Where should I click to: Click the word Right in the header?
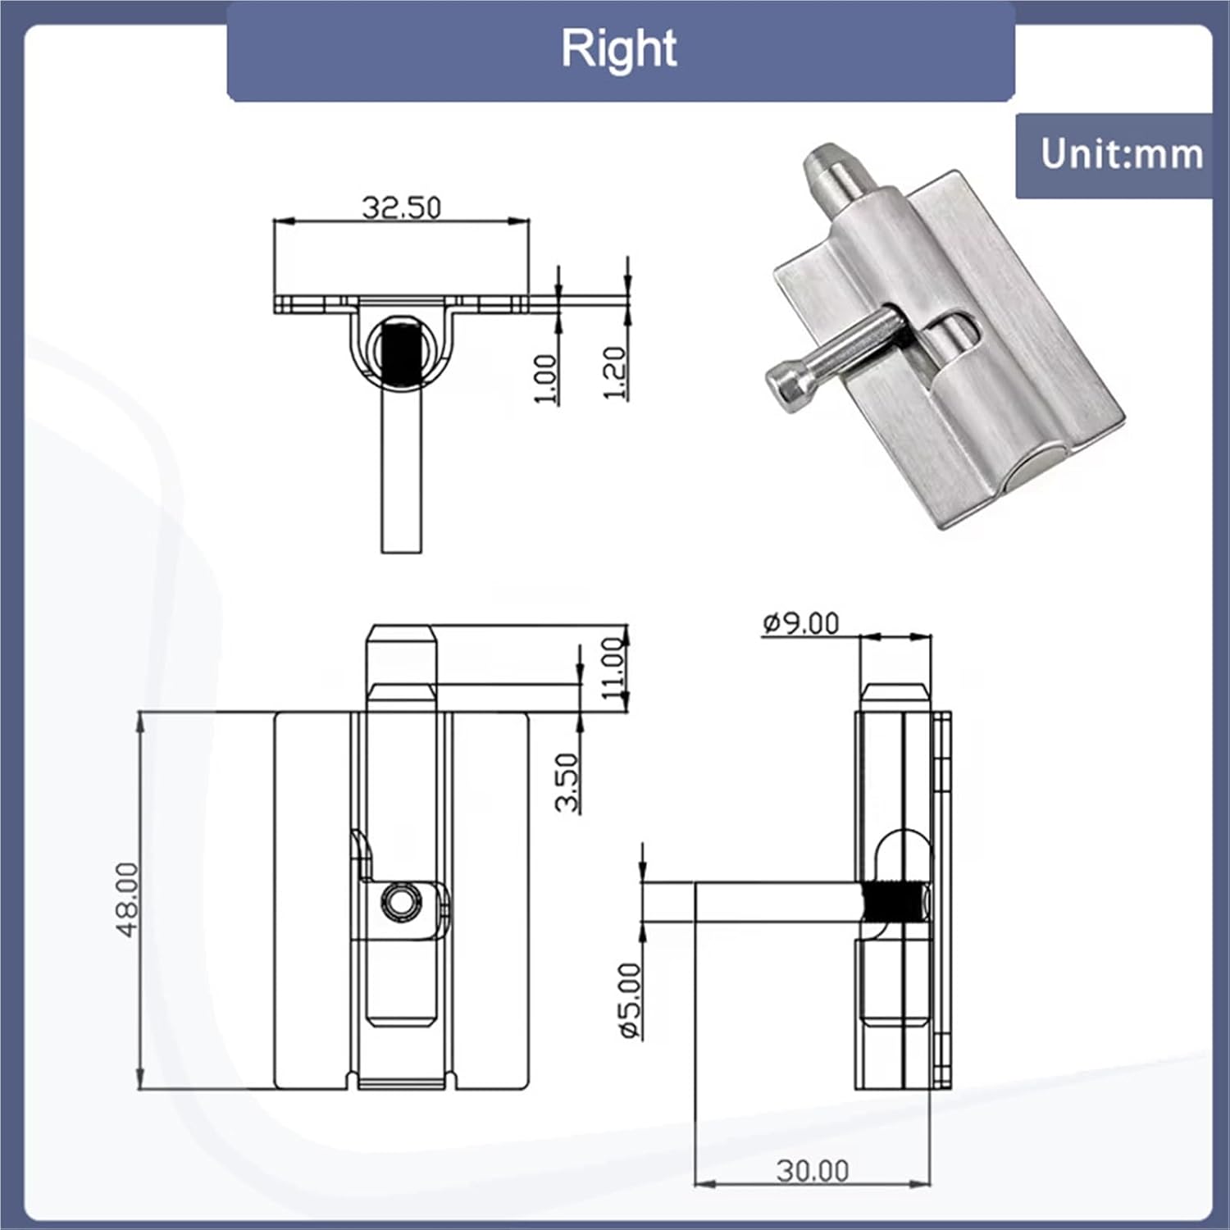click(619, 49)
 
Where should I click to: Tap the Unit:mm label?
click(1121, 155)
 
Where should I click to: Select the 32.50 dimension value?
click(402, 207)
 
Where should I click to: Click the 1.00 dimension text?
click(545, 379)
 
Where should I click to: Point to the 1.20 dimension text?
click(615, 373)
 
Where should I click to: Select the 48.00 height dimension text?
click(128, 900)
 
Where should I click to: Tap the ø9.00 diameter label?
click(801, 624)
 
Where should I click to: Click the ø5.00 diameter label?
click(630, 1000)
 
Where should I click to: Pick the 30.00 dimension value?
click(812, 1170)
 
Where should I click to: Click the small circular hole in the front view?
click(401, 901)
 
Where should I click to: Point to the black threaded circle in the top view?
click(402, 353)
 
